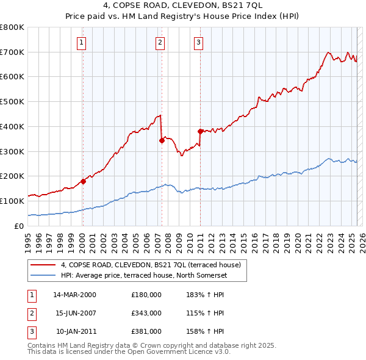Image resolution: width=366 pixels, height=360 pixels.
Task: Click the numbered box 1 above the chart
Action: tap(82, 43)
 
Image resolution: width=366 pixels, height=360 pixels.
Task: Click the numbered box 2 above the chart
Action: tap(160, 43)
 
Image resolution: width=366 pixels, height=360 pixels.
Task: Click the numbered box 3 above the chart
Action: tap(199, 43)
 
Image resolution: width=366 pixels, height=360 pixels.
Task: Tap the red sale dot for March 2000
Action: tap(84, 181)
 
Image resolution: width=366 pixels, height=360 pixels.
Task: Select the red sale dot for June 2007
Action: tap(162, 140)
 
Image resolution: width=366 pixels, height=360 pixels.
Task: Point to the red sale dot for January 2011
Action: tap(200, 131)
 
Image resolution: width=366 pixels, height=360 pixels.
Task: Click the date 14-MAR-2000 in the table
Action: tap(74, 295)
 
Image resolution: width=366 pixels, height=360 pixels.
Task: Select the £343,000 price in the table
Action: tap(146, 313)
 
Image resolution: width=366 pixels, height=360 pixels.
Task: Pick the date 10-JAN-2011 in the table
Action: tap(74, 331)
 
